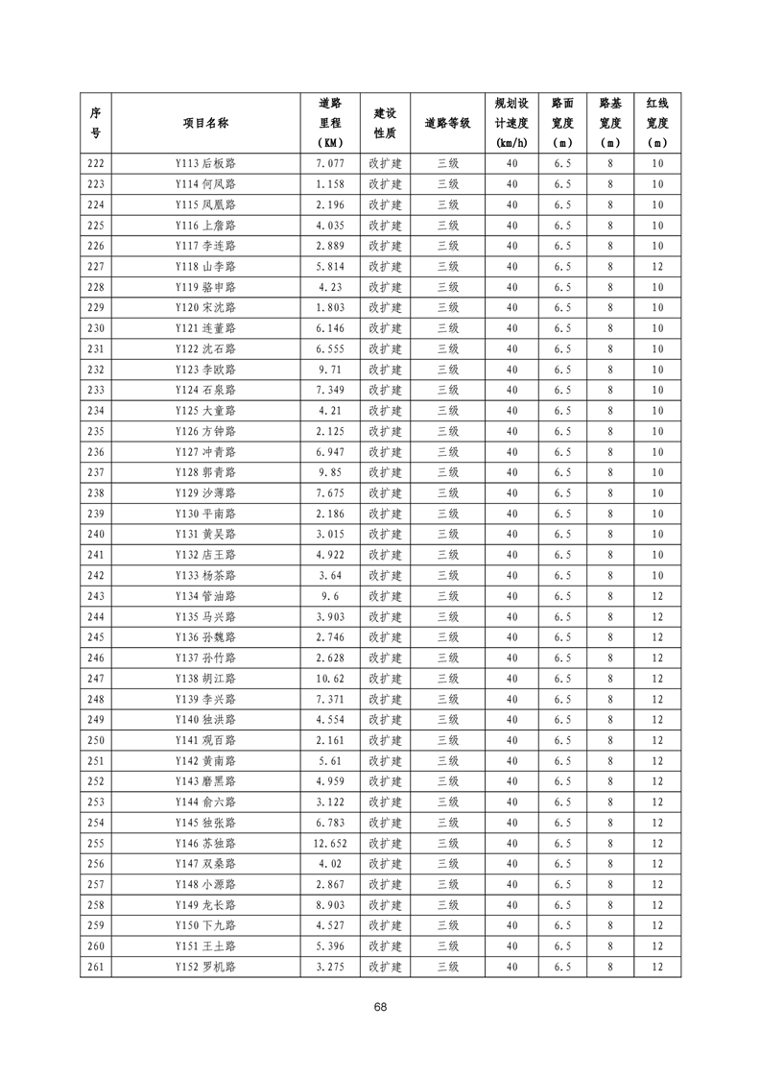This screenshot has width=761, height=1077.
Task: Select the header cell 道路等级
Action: pos(447,123)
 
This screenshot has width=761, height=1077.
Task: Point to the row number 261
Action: pos(96,967)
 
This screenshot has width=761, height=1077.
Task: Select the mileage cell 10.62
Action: pos(329,679)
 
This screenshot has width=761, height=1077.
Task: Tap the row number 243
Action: pos(96,596)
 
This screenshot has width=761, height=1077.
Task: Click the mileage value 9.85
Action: pos(329,472)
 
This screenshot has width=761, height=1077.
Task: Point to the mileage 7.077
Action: pos(329,163)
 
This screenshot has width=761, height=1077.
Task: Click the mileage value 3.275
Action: pos(329,967)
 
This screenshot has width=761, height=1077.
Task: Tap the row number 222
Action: pos(96,163)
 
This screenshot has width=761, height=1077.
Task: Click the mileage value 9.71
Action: pos(329,370)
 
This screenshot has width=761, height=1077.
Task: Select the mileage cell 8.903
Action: pos(329,905)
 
